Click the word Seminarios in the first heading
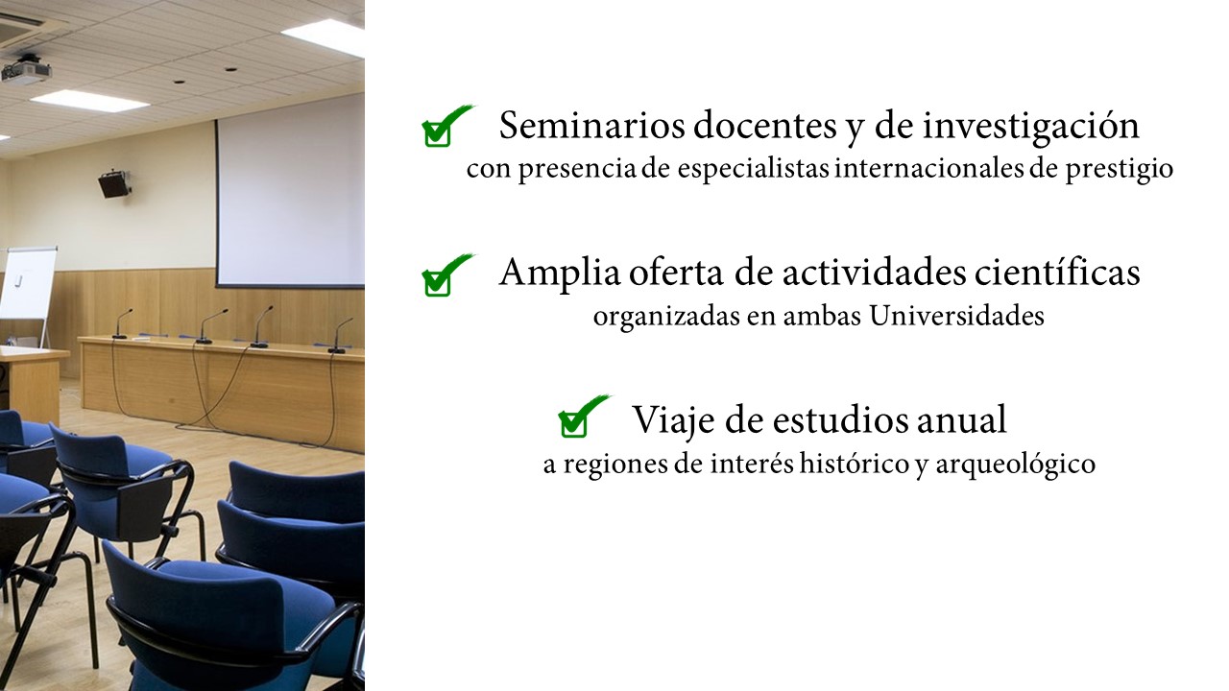[x=592, y=126]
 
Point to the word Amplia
[x=560, y=274]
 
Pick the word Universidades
[x=957, y=316]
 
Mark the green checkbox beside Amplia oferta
[x=437, y=283]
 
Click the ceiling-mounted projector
[x=26, y=70]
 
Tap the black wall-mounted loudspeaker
[x=114, y=184]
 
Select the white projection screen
[x=291, y=192]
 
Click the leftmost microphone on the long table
[x=121, y=323]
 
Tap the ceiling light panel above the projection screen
[x=325, y=37]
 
